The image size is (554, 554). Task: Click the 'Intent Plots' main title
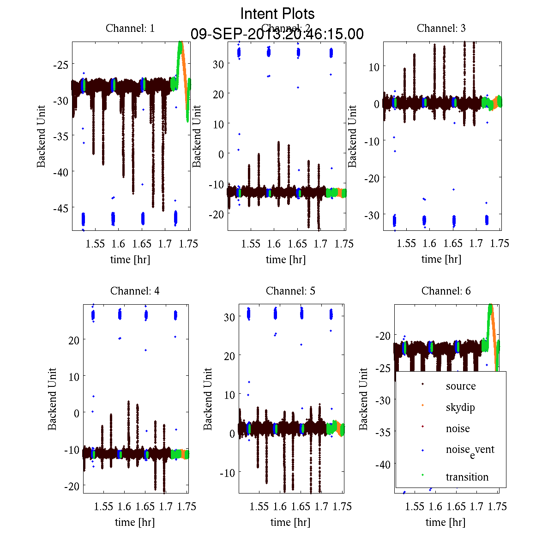(x=277, y=13)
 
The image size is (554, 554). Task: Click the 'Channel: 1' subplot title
(x=130, y=28)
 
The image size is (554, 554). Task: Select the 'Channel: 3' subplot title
(x=441, y=28)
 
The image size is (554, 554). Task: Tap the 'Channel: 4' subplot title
(x=135, y=291)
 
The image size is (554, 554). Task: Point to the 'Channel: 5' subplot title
(x=290, y=291)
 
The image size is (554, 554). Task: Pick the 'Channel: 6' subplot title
(x=446, y=291)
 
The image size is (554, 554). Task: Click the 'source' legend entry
(x=460, y=386)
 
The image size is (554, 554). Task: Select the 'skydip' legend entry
(x=460, y=408)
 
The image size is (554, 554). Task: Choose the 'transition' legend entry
(x=467, y=477)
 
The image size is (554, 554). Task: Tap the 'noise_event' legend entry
(x=470, y=450)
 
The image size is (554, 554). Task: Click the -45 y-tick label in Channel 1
(x=61, y=208)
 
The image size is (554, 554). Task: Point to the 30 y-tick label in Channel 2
(x=218, y=64)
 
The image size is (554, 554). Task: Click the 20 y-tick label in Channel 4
(x=73, y=340)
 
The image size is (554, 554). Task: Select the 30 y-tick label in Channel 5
(x=230, y=317)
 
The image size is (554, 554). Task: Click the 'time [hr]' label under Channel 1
(x=130, y=259)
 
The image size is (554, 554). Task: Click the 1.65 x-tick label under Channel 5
(x=301, y=506)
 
